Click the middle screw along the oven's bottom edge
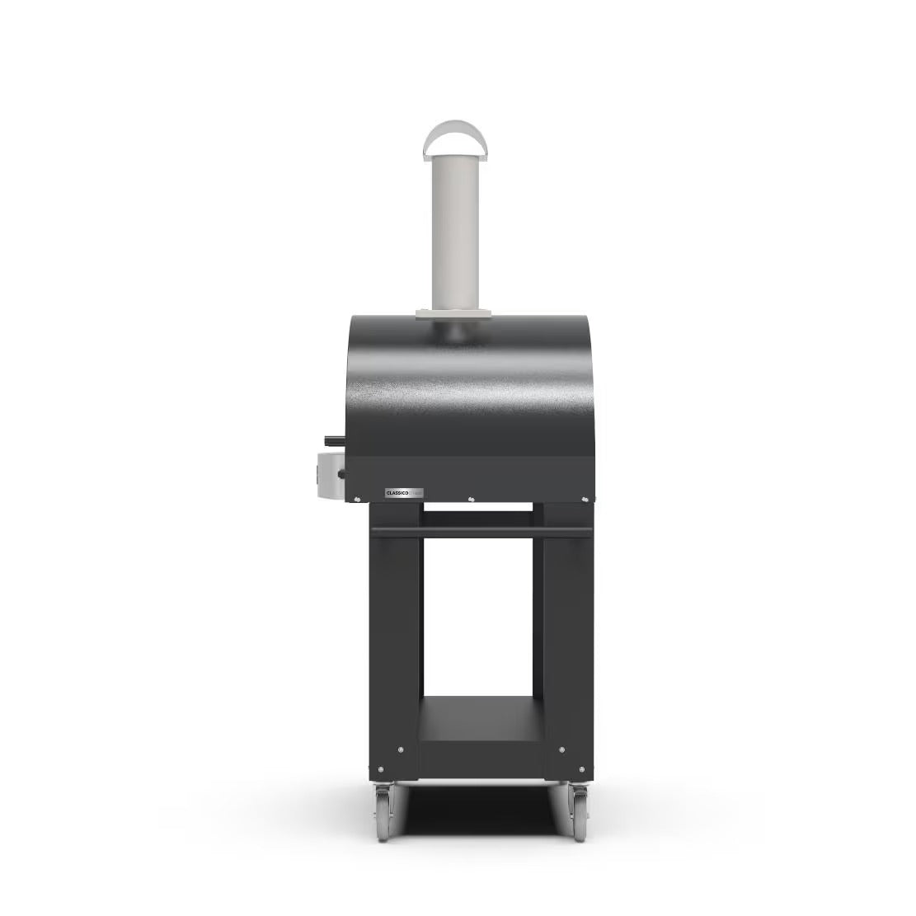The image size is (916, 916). pyautogui.click(x=469, y=498)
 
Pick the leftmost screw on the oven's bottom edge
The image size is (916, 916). pyautogui.click(x=355, y=497)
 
